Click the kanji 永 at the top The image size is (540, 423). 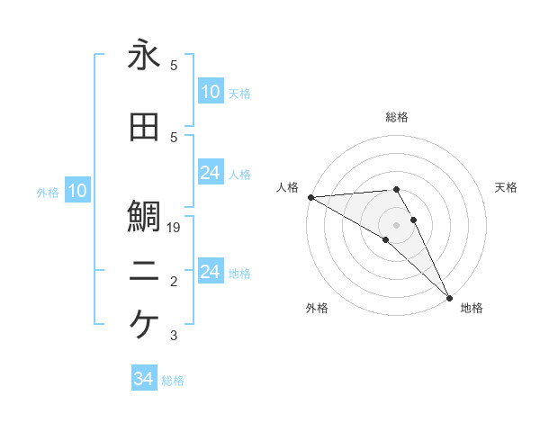click(144, 55)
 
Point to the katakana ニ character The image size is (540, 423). click(144, 273)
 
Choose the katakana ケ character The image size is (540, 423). click(144, 323)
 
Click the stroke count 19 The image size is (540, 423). click(175, 229)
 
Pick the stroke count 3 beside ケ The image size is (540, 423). click(174, 337)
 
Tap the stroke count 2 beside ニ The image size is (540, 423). click(174, 283)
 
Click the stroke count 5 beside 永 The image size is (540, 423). click(174, 67)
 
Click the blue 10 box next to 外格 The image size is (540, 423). click(77, 191)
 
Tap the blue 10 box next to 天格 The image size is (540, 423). click(211, 92)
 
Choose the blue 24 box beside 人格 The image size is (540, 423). click(211, 173)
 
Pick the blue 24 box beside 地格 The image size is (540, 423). click(211, 272)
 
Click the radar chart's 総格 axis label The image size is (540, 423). click(397, 117)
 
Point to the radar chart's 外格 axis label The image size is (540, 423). click(317, 308)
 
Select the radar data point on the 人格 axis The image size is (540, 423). click(310, 197)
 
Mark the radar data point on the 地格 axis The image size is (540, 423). click(448, 296)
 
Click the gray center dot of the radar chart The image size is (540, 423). click(397, 224)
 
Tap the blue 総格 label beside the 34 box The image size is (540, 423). click(173, 381)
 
